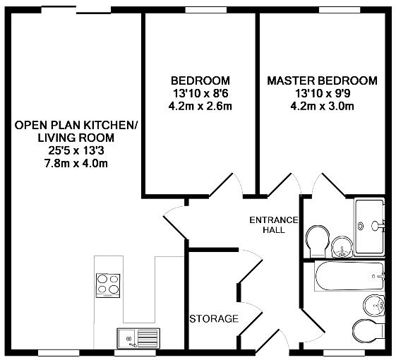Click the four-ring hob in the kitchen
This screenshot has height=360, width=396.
pos(108,286)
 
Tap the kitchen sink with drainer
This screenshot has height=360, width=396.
pos(138,339)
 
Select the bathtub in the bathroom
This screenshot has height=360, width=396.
pos(349,276)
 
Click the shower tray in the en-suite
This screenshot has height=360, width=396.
pos(369,227)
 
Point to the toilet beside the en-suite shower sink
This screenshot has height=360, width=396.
pos(318,240)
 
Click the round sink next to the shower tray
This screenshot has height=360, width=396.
pos(342,248)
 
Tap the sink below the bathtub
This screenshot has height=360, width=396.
pos(374,305)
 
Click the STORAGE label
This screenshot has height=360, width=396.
pos(214,319)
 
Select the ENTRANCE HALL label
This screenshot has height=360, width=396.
pos(274,225)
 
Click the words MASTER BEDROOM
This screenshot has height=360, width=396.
pos(323,81)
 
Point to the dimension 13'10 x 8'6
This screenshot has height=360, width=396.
pos(200,94)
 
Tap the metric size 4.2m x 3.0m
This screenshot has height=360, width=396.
pos(323,106)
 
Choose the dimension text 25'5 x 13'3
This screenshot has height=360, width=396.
pos(76,151)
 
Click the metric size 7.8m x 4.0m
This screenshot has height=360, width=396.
pos(76,164)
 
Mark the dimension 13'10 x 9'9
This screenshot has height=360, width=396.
pos(323,94)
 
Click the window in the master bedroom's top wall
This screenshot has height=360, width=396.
pos(340,10)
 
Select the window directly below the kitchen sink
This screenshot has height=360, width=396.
pos(135,353)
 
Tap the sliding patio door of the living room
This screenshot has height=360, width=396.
pos(76,10)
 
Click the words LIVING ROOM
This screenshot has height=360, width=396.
pos(76,138)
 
